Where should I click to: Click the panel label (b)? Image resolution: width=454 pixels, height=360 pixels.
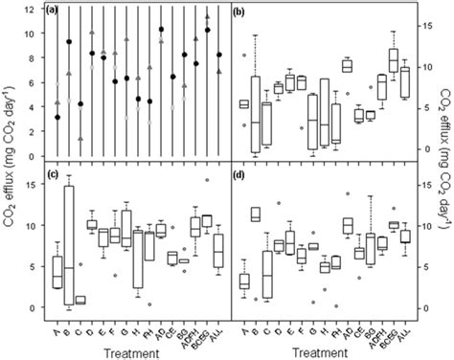pyautogui.click(x=242, y=11)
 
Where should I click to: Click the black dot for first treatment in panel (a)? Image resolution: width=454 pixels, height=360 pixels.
pyautogui.click(x=57, y=117)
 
